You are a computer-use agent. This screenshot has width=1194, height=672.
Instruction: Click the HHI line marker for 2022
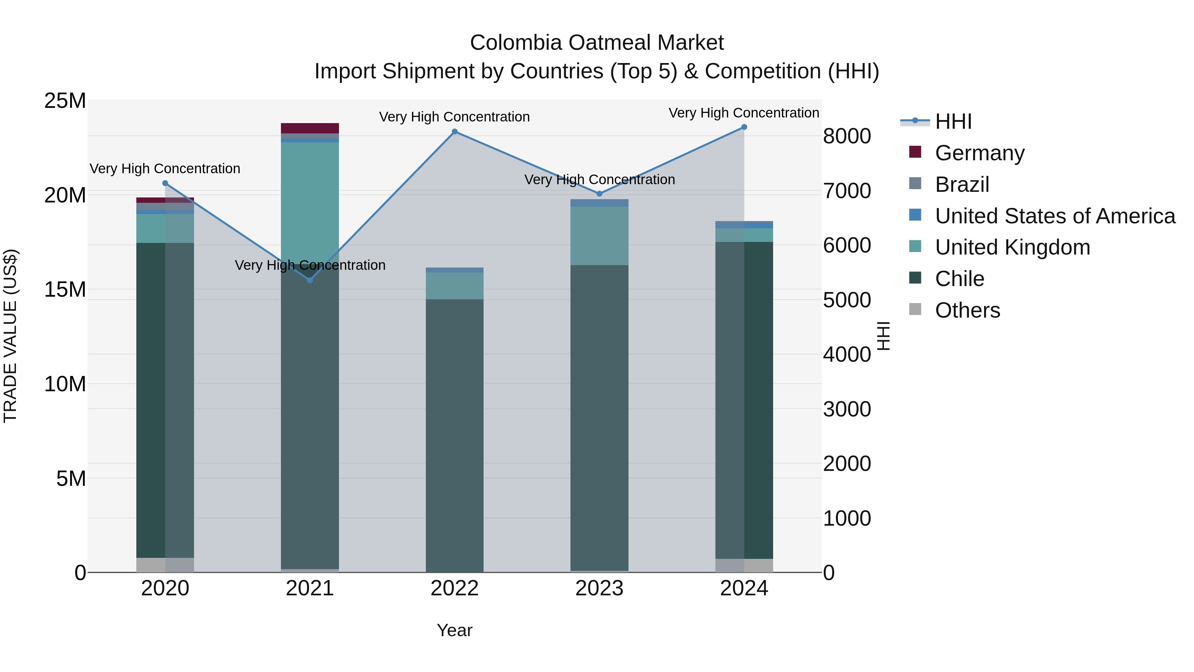[x=455, y=132]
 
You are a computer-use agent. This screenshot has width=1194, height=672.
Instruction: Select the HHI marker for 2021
[x=310, y=280]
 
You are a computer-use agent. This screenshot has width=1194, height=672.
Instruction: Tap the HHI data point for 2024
[x=744, y=127]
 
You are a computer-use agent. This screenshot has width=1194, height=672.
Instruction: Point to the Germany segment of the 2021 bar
[x=310, y=128]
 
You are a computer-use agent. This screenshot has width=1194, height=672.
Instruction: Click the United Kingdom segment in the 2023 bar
[x=599, y=236]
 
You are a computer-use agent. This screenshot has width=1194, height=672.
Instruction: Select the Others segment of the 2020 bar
[x=165, y=565]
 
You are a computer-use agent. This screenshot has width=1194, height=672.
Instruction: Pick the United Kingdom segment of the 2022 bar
[x=455, y=286]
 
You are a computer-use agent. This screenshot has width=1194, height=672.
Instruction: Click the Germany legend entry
[x=979, y=153]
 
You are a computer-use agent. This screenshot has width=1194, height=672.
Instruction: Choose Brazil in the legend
[x=962, y=185]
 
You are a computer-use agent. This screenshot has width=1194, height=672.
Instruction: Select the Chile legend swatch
[x=915, y=278]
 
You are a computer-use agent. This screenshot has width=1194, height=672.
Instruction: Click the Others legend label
[x=967, y=310]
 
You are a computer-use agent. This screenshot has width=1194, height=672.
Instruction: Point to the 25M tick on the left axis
[x=65, y=101]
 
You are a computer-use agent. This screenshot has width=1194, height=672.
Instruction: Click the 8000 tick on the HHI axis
[x=847, y=136]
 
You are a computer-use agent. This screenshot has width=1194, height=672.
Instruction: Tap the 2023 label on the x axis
[x=599, y=588]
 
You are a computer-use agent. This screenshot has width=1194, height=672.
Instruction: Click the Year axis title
[x=454, y=630]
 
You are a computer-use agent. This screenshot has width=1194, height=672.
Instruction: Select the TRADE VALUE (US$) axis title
[x=10, y=336]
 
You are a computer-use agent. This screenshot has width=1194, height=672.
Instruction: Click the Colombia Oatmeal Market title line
[x=597, y=43]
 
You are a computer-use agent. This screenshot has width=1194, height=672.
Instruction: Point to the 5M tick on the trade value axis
[x=71, y=479]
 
